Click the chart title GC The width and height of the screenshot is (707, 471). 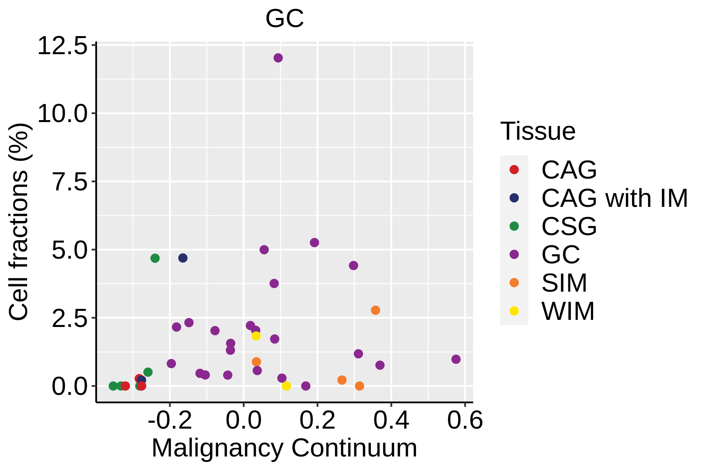coord(284,18)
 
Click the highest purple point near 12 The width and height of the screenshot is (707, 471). coord(278,58)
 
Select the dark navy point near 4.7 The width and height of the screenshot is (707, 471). coord(183,258)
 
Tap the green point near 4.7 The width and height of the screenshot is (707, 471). coord(155,258)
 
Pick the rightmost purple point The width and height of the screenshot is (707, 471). coord(456,359)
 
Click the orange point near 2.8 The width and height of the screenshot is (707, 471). coord(375,310)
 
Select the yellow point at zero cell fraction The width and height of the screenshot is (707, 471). coord(286,386)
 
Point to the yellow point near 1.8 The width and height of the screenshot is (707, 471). coord(256,336)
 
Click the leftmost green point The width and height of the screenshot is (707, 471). coord(113,386)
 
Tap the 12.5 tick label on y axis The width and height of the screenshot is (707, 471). coord(62,46)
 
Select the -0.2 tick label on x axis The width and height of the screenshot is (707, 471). coord(170,421)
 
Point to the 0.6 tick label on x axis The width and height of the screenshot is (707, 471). coord(465,421)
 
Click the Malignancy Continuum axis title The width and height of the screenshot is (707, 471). coord(284,448)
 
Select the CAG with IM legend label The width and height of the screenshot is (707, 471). coord(614,198)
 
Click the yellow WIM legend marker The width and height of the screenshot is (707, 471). coord(514,311)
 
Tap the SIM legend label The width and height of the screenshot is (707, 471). coord(564,283)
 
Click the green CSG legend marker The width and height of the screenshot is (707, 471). coord(514,226)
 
